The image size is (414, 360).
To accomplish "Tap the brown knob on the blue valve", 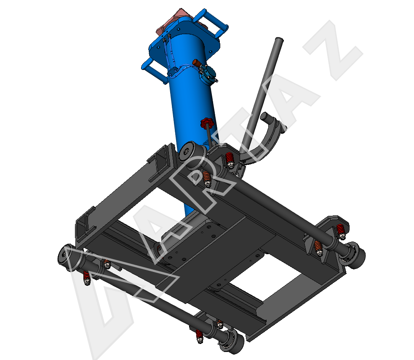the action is (196, 63).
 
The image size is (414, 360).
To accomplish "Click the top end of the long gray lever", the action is (279, 40).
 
